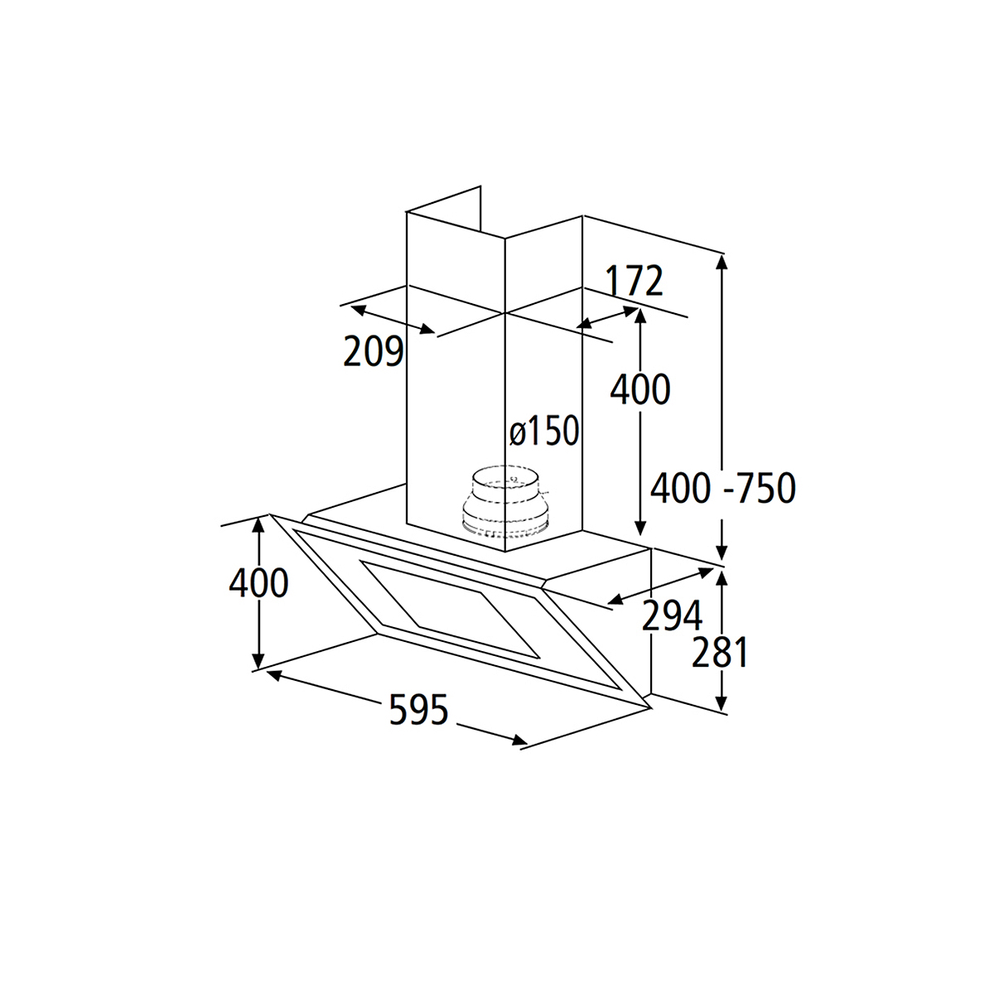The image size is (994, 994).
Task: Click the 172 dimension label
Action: (x=634, y=281)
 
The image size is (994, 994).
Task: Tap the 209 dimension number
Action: (x=374, y=351)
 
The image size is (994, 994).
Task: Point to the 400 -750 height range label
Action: (x=722, y=488)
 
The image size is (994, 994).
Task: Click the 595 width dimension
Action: (x=419, y=709)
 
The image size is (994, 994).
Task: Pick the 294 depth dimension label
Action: (x=672, y=615)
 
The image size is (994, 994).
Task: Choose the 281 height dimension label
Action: (x=719, y=653)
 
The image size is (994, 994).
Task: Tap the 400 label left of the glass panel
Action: (x=258, y=583)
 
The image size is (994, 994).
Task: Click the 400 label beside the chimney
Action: (x=640, y=389)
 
